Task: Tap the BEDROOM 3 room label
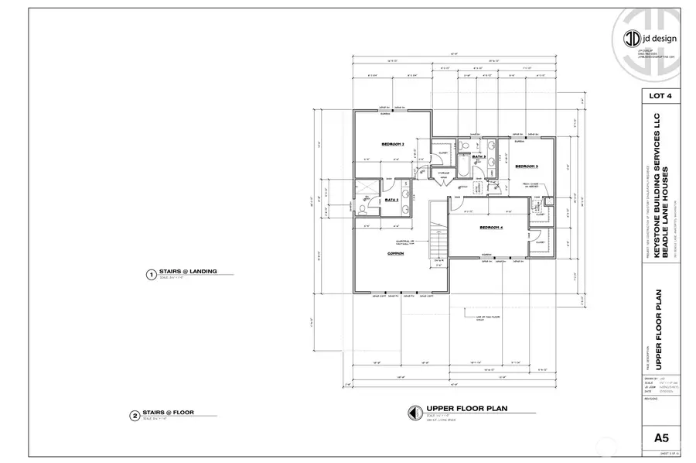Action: click(x=527, y=166)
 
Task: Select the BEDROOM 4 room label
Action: click(x=491, y=228)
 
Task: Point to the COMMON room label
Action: click(x=397, y=253)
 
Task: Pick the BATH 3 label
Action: click(x=478, y=157)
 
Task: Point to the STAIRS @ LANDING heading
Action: click(x=187, y=272)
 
